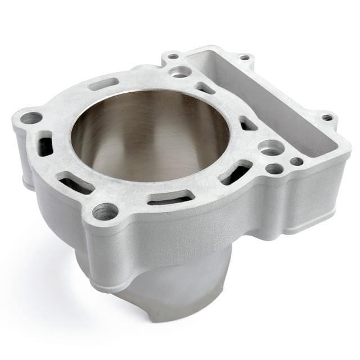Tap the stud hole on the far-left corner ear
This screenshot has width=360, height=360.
[31, 118]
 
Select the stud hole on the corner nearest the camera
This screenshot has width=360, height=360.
[105, 211]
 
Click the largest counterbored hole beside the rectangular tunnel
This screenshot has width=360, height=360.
[272, 147]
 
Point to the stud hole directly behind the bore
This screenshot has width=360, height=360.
[180, 71]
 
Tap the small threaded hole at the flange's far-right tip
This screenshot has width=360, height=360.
[327, 118]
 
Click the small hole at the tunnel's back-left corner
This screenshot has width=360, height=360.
[173, 56]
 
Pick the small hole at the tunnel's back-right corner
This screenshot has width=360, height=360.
[244, 57]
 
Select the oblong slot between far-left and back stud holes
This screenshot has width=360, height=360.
[103, 84]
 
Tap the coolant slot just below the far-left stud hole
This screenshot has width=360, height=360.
[45, 145]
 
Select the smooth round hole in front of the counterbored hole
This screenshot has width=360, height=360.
[274, 168]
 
